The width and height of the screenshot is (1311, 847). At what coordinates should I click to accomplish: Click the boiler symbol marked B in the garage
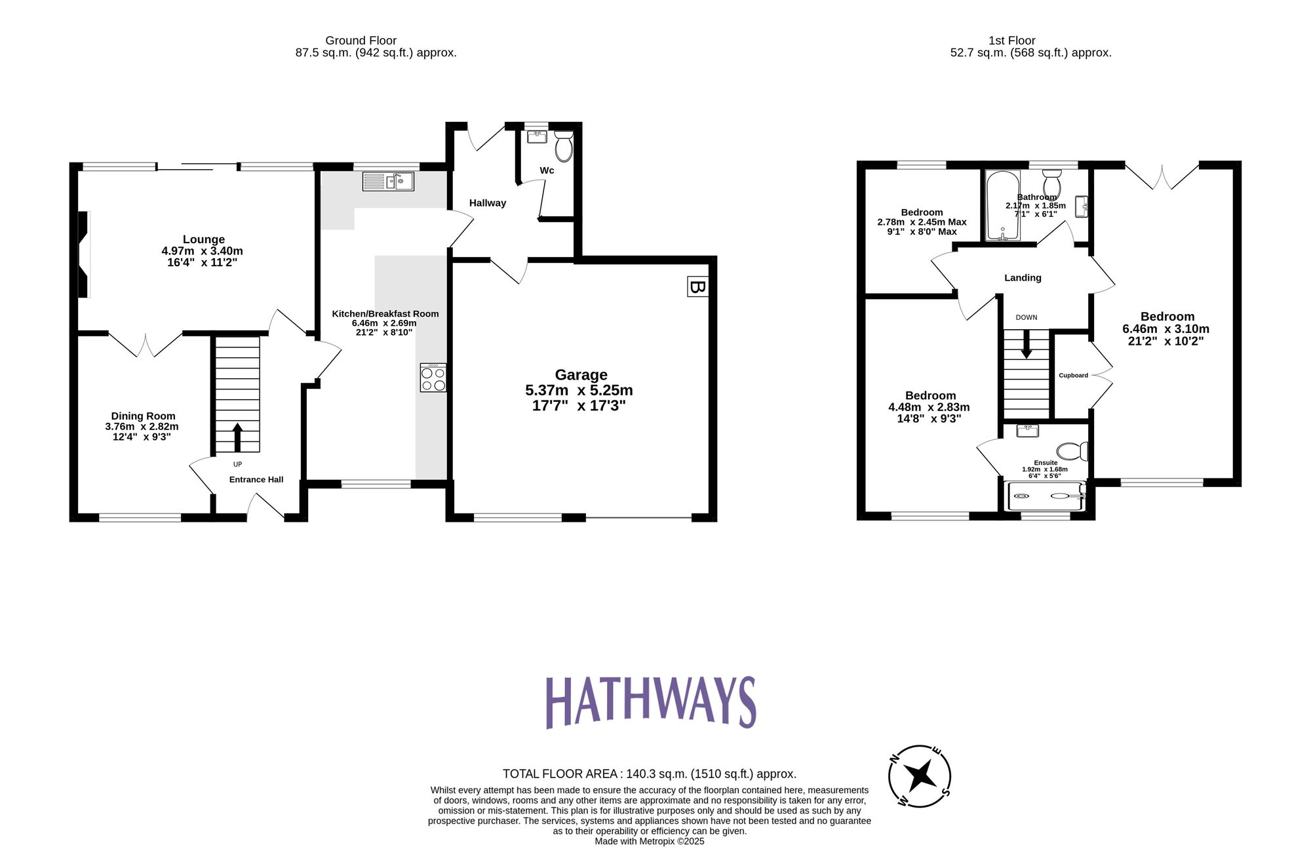point(697,286)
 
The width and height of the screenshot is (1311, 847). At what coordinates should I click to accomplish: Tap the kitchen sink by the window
point(387,182)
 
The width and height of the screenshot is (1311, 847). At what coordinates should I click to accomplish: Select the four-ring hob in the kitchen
point(433,378)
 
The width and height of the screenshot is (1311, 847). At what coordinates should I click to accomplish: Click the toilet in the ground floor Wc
point(563,146)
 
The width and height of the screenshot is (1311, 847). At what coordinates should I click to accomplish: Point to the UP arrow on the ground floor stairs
point(237,437)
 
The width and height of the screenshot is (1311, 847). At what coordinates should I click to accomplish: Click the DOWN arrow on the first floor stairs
point(1027,344)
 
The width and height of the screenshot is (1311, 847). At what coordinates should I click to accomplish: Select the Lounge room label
point(203,240)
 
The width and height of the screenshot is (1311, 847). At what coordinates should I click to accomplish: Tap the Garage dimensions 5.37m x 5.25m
point(579,391)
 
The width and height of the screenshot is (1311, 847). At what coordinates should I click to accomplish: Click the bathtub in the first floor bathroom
point(1002,206)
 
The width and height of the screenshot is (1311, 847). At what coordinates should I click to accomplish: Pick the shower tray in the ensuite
point(1046,497)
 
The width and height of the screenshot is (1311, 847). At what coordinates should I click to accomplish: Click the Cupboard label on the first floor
point(1073,376)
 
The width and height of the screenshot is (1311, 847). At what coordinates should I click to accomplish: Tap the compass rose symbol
point(920,776)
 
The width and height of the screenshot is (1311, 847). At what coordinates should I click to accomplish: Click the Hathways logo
point(651,702)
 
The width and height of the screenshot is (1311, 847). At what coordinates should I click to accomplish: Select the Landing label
point(1023,278)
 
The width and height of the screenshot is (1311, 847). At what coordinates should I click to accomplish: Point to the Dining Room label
point(143,416)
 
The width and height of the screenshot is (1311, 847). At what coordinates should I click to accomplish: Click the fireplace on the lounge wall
point(83,254)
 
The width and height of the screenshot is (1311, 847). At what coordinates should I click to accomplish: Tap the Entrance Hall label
point(256,480)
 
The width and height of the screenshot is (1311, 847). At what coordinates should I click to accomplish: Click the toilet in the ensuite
point(1072,451)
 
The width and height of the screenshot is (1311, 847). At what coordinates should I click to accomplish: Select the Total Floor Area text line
point(649,774)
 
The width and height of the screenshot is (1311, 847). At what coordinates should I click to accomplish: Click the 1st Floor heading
point(1011,41)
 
